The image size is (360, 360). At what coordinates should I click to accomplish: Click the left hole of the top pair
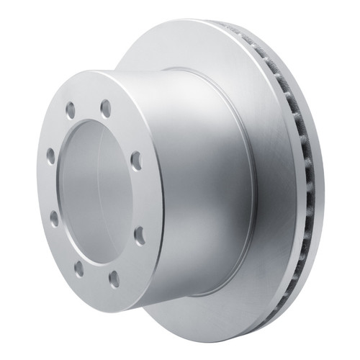pyautogui.click(x=71, y=110)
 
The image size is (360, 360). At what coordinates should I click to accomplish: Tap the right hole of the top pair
pyautogui.click(x=106, y=108)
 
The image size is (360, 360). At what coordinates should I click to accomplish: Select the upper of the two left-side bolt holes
pyautogui.click(x=50, y=155)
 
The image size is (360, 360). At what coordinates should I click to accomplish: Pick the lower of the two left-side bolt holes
pyautogui.click(x=54, y=218)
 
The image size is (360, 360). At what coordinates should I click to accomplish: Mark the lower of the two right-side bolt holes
pyautogui.click(x=139, y=235)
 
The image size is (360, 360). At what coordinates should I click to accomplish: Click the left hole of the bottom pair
pyautogui.click(x=78, y=268)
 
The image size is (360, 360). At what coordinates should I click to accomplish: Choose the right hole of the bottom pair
pyautogui.click(x=114, y=278)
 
